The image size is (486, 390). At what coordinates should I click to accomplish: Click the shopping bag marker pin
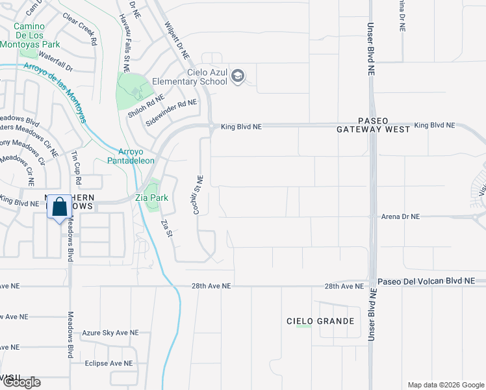click(x=59, y=208)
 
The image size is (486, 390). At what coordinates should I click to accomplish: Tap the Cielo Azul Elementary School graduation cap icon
click(x=238, y=77)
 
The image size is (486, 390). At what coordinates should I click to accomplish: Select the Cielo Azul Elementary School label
click(x=190, y=77)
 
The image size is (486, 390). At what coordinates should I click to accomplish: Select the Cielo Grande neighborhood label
click(x=321, y=321)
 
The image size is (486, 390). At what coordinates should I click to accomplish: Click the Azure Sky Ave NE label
click(x=110, y=332)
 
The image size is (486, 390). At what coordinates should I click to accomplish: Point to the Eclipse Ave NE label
click(x=109, y=363)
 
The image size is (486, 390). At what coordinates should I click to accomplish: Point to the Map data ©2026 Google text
click(x=445, y=385)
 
